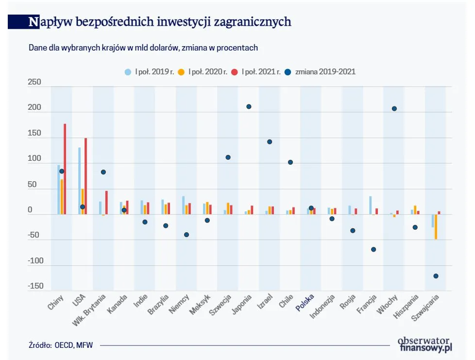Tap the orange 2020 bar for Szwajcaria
(x=436, y=226)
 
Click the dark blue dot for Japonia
(x=249, y=106)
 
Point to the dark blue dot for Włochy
(x=394, y=108)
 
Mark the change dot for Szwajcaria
(x=436, y=276)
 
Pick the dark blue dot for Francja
(x=373, y=249)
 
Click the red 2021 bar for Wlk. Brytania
(x=106, y=202)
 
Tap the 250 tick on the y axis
(x=34, y=83)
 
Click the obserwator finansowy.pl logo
(x=424, y=344)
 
